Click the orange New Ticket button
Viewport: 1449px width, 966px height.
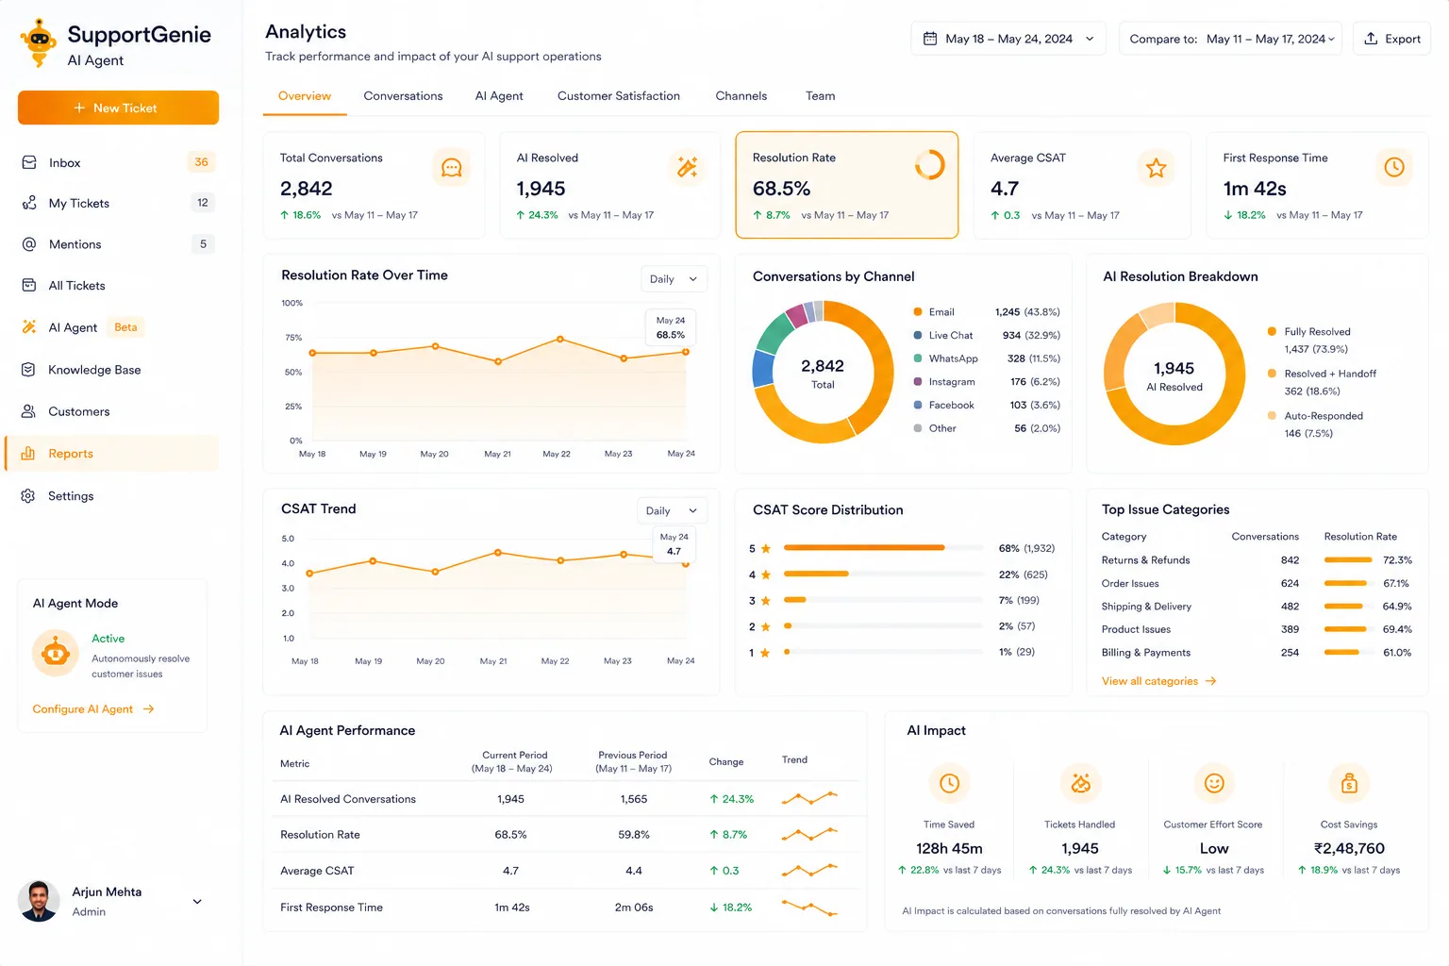click(118, 108)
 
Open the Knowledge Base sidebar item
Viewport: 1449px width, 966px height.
click(94, 370)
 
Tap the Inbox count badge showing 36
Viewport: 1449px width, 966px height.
click(201, 161)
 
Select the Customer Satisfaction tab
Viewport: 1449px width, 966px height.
click(619, 96)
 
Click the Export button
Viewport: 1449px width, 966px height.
click(1391, 39)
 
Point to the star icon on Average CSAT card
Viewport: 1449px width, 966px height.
click(1156, 168)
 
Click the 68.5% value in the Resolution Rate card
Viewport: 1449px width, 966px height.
click(781, 189)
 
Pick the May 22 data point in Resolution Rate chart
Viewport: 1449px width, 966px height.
click(560, 339)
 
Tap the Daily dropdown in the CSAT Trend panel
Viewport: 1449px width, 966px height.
click(672, 510)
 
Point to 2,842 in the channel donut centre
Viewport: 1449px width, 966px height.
click(823, 366)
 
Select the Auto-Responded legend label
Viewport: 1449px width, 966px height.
click(1324, 416)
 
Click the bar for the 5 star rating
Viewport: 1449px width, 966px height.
click(863, 548)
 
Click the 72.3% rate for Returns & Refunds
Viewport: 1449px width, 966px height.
click(1397, 559)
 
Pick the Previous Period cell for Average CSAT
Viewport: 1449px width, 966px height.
click(633, 870)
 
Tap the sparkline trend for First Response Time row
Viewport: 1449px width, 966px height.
click(809, 908)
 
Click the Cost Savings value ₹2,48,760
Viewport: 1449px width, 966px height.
click(1349, 848)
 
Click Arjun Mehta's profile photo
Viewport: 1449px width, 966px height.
click(39, 901)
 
